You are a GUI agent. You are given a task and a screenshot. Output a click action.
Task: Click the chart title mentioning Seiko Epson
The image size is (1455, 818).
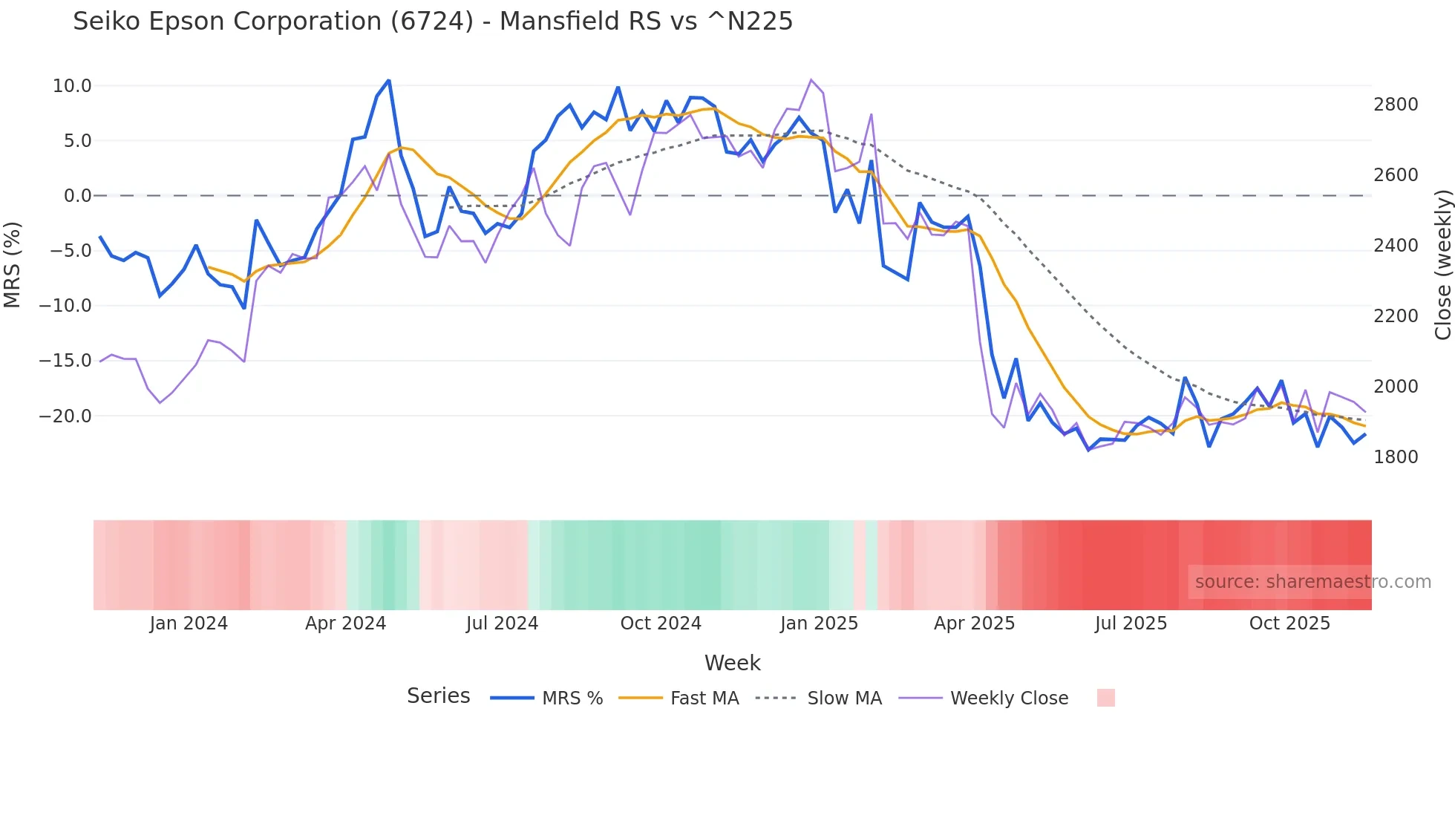[433, 22]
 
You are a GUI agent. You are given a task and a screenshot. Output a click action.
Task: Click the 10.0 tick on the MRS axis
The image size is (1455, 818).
[72, 86]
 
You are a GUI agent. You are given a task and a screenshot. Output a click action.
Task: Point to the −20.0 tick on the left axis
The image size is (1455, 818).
[66, 416]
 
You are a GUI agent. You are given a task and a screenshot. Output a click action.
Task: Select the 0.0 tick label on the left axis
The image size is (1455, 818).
[77, 196]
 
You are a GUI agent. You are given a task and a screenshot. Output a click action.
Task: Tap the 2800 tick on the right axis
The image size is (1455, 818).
[1396, 105]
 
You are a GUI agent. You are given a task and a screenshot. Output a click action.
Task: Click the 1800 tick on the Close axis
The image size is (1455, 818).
[1396, 457]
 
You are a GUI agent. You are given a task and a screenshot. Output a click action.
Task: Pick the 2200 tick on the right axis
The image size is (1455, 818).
[1396, 316]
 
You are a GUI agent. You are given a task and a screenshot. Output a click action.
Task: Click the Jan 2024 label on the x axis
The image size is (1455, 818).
[189, 624]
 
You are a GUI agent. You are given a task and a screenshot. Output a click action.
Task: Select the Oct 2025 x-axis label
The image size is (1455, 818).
[1289, 624]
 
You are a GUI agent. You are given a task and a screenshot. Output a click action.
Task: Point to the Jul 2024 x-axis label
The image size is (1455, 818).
[502, 624]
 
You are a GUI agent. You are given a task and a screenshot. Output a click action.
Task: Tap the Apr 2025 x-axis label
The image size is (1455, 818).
[974, 624]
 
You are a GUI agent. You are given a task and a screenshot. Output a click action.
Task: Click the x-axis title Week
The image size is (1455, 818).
[732, 663]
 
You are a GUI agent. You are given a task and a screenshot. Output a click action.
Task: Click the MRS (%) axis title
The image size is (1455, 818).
[13, 264]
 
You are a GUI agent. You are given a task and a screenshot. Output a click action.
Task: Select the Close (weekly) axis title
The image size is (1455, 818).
[1442, 264]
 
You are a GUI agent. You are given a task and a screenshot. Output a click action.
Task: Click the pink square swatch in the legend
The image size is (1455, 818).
[1105, 698]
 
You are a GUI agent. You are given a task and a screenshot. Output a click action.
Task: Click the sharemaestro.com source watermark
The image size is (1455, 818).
[1312, 582]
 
